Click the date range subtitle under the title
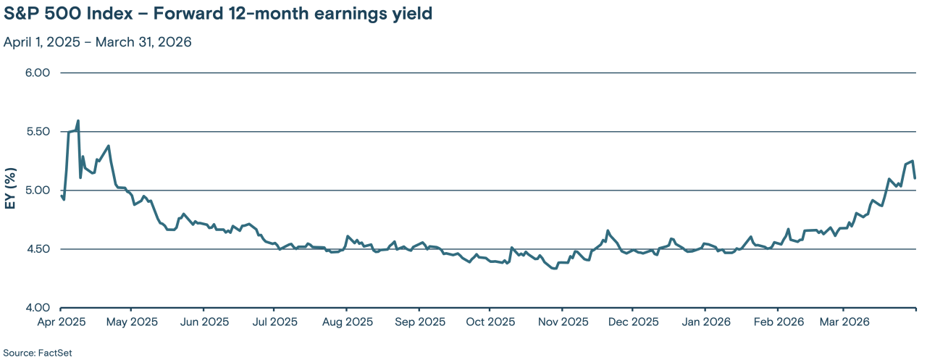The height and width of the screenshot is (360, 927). coord(97,42)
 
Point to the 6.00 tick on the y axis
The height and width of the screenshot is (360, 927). coord(36,73)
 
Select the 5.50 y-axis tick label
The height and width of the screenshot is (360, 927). coord(36,132)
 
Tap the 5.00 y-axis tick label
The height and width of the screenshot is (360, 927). coord(36,191)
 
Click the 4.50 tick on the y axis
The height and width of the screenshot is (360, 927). coord(36,249)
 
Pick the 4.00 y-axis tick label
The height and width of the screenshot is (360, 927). coord(36,308)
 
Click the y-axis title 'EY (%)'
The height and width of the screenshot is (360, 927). coord(11,191)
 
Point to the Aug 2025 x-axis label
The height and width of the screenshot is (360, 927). coord(346,322)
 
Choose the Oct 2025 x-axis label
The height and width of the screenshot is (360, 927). coord(489,322)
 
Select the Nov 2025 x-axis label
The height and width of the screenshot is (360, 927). coord(561,322)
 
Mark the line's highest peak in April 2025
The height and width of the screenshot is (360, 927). coord(78,121)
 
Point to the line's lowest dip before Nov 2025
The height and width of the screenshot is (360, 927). coord(555,269)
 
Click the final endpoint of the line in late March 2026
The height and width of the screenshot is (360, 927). coord(915,178)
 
